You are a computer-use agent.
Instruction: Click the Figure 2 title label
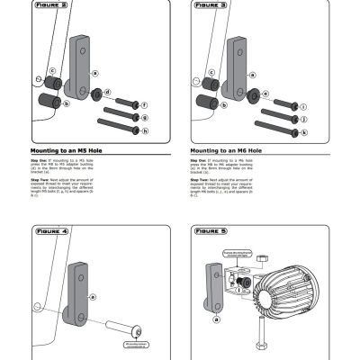pyautogui.click(x=50, y=4)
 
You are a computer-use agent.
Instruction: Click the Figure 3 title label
pyautogui.click(x=211, y=4)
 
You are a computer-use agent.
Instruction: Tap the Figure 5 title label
pyautogui.click(x=211, y=231)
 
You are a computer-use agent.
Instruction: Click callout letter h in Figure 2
pyautogui.click(x=145, y=130)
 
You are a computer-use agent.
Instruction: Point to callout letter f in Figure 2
pyautogui.click(x=144, y=105)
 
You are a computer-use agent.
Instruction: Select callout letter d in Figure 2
pyautogui.click(x=109, y=93)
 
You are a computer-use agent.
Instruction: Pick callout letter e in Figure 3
pyautogui.click(x=266, y=93)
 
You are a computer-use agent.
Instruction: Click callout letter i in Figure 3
pyautogui.click(x=304, y=105)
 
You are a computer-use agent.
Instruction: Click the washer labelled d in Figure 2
pyautogui.click(x=96, y=93)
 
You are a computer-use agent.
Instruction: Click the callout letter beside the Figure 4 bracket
pyautogui.click(x=93, y=294)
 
